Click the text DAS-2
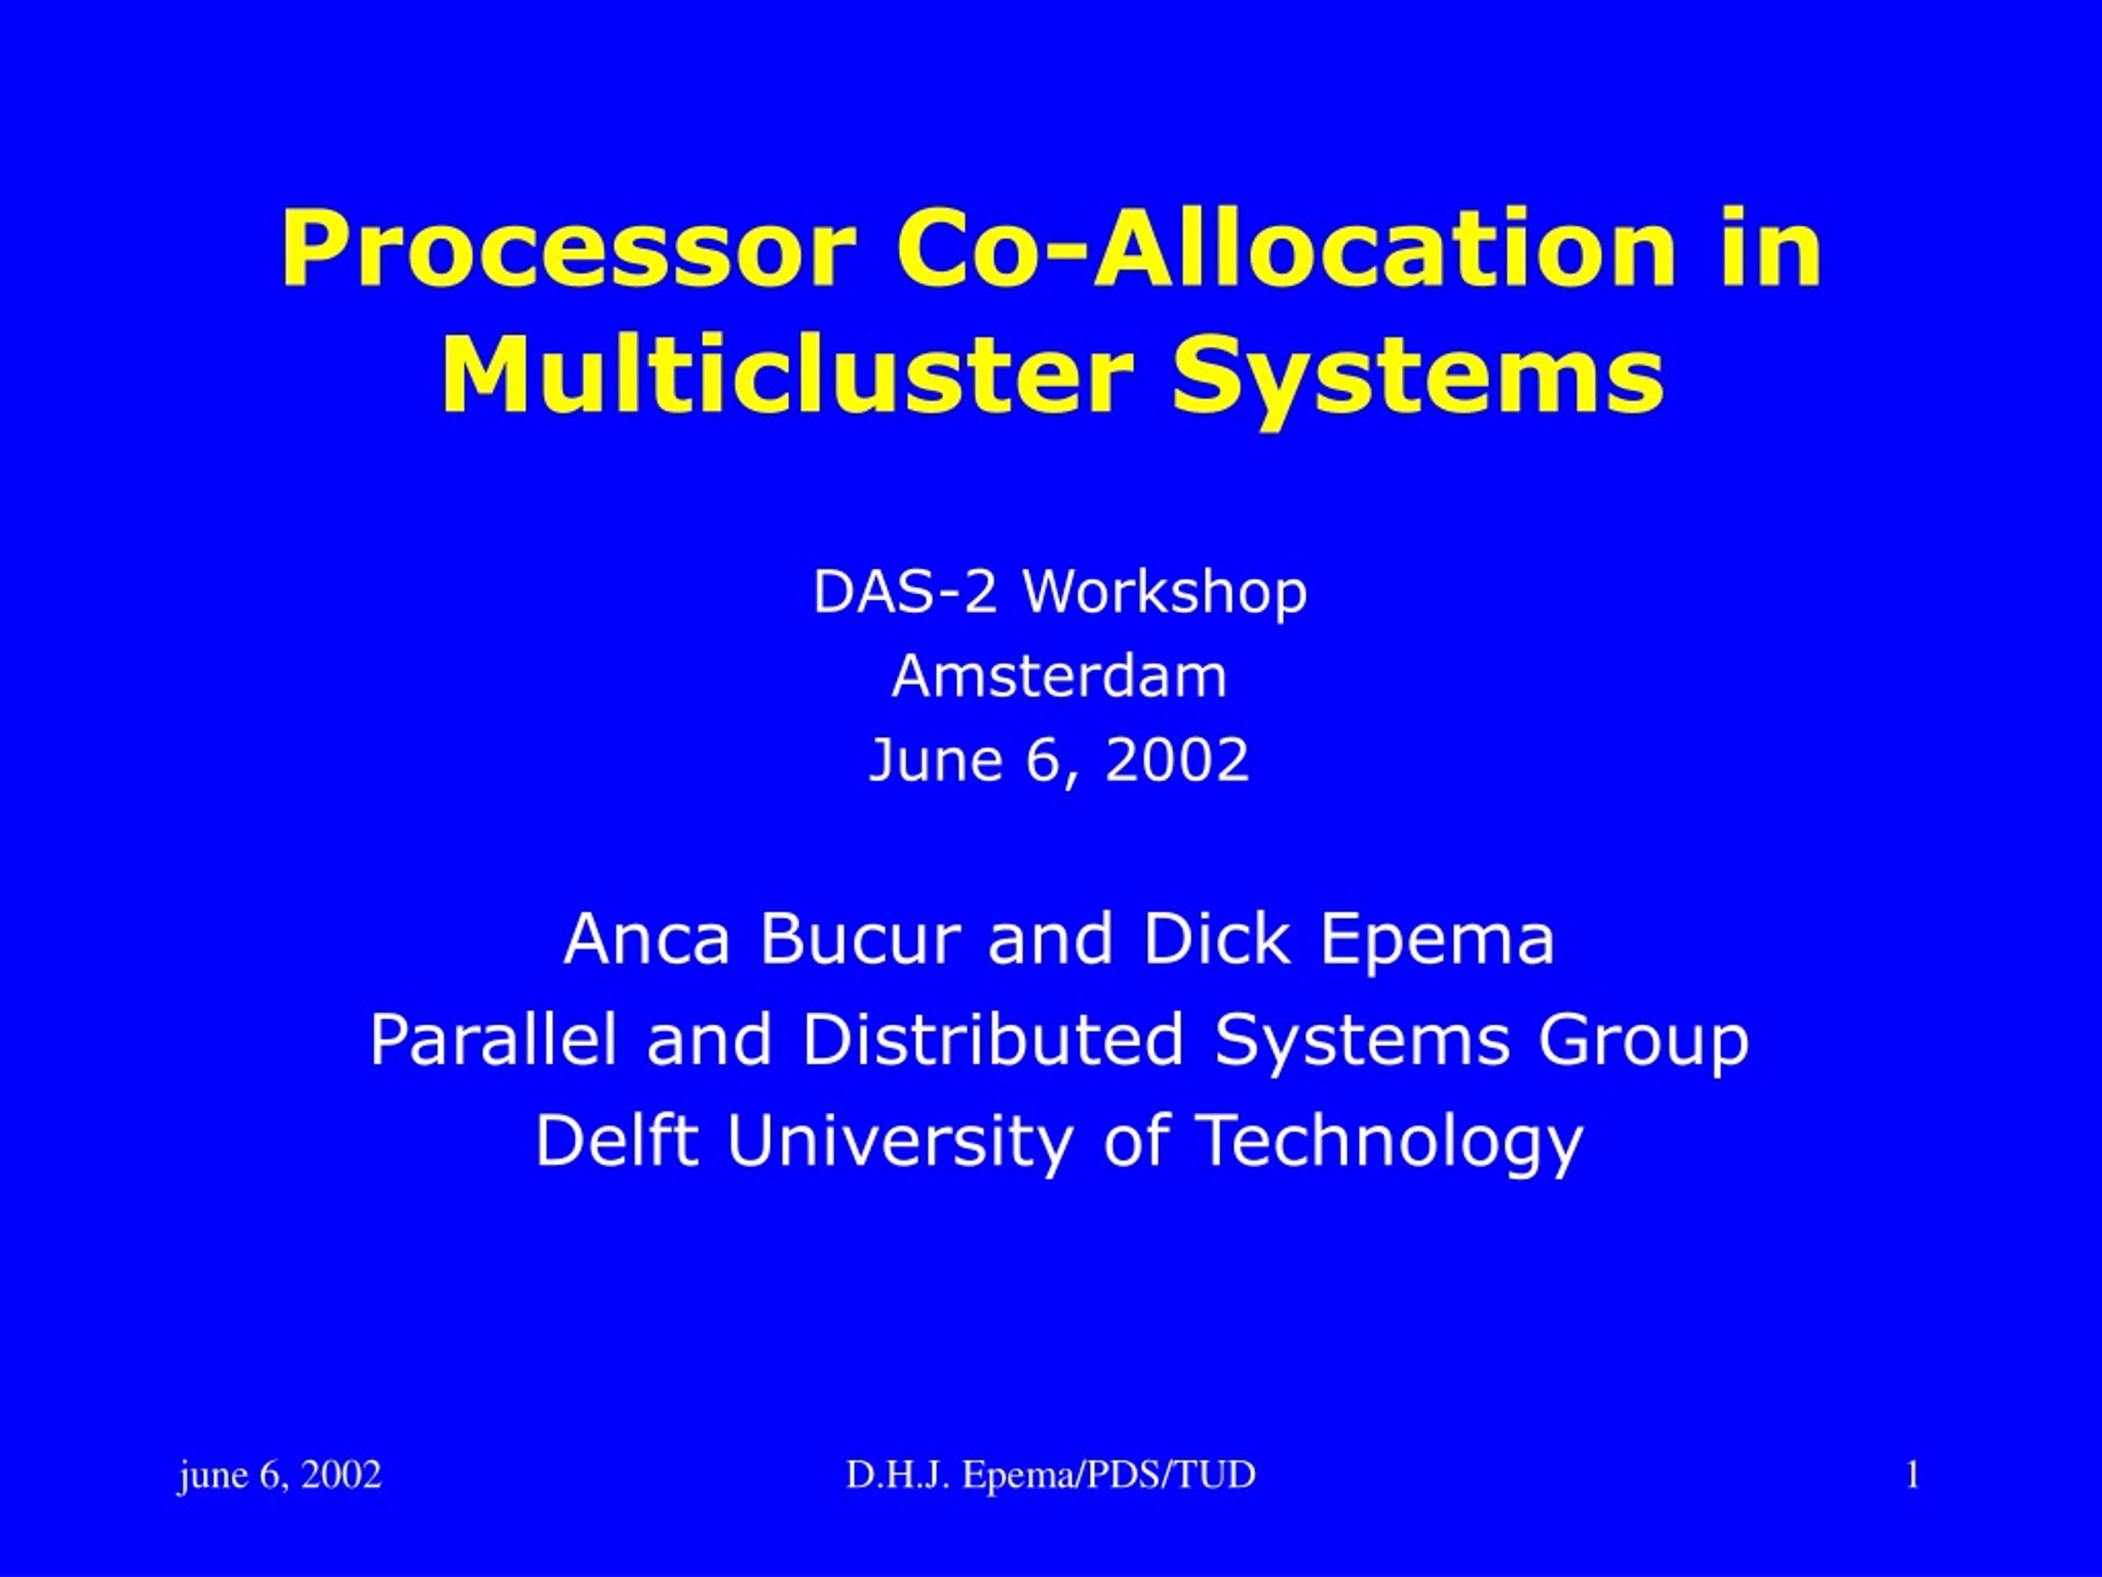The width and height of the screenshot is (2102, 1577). tap(905, 591)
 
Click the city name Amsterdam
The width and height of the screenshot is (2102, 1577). tap(1059, 676)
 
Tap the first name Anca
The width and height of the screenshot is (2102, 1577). tap(647, 938)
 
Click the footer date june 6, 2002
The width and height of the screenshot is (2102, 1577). tap(279, 1474)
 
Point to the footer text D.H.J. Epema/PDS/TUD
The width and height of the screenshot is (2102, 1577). tap(1051, 1474)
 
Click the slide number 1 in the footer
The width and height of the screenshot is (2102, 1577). tap(1913, 1475)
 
